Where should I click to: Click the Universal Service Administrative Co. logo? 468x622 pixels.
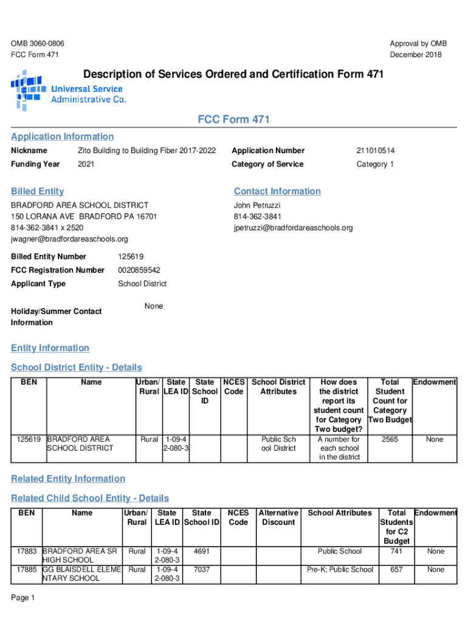[68, 91]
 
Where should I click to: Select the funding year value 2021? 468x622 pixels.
[86, 165]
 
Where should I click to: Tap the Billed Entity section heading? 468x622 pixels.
[37, 191]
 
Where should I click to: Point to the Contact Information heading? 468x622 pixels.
[277, 191]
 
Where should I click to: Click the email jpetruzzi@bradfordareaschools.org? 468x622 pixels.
[293, 228]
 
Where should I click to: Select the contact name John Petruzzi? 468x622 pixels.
[257, 206]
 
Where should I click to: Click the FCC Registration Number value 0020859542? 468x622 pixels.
[139, 270]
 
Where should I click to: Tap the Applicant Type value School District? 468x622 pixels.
[142, 284]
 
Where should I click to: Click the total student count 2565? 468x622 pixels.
[389, 439]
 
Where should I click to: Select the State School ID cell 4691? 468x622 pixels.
[201, 552]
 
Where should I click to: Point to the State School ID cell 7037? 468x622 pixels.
[201, 570]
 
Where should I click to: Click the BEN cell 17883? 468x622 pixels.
[27, 552]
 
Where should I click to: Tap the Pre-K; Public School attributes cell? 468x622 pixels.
[340, 570]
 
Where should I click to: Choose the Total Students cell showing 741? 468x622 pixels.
[396, 552]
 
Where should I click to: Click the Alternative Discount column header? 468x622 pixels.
[278, 518]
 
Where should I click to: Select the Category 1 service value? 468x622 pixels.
[375, 165]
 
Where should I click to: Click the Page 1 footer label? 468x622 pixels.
[23, 598]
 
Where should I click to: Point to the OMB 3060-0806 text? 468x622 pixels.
[38, 44]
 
